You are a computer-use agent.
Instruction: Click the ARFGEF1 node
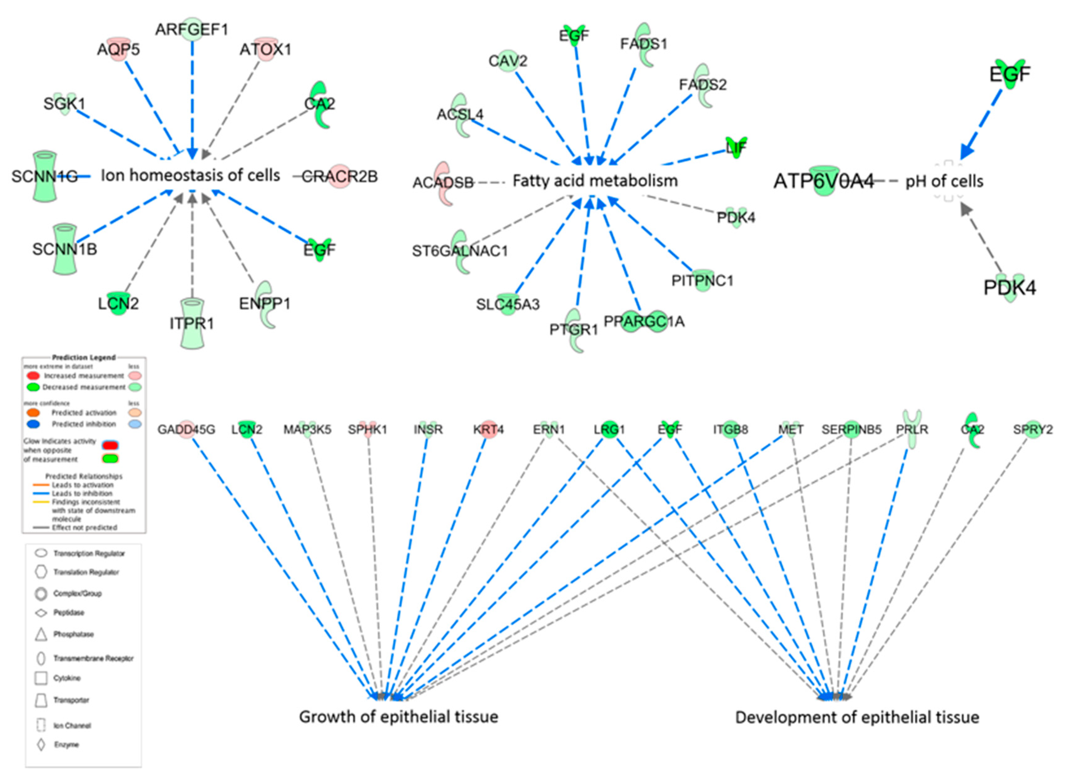tap(192, 29)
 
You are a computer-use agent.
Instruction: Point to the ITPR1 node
tap(192, 323)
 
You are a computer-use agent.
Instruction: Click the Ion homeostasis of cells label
tap(191, 175)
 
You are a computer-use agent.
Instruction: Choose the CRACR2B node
tap(339, 176)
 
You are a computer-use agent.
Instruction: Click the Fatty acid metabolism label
tap(595, 181)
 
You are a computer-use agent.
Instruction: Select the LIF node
tap(736, 147)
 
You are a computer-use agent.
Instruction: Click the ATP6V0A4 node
tap(824, 181)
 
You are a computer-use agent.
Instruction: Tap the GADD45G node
tap(186, 429)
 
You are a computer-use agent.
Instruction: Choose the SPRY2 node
tap(1033, 429)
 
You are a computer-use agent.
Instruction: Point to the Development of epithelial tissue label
tap(857, 717)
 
